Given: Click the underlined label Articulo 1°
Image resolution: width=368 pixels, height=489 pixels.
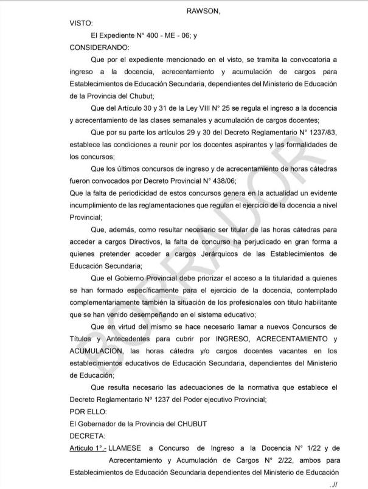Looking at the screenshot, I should click(x=88, y=448).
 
